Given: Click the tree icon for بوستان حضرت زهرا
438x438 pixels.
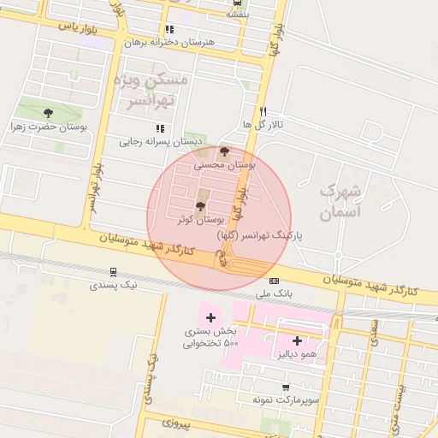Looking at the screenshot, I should tap(47, 112).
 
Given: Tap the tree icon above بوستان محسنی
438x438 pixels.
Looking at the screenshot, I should tap(225, 151).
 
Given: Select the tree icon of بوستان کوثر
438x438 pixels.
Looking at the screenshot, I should tap(200, 206).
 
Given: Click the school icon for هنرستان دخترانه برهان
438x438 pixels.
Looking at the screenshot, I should tap(169, 30).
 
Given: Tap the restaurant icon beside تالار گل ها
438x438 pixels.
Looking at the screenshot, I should tap(263, 110).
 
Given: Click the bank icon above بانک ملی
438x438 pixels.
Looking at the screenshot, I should tap(273, 281).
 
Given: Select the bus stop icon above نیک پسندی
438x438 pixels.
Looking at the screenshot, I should tap(113, 272).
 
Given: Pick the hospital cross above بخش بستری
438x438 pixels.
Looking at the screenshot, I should tap(210, 317).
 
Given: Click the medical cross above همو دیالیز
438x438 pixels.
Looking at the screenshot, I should tap(297, 340).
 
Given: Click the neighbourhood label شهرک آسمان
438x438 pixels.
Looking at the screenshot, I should tap(340, 201).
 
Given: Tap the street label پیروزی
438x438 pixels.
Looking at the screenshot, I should tap(179, 423).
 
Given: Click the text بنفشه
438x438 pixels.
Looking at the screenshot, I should tap(239, 15).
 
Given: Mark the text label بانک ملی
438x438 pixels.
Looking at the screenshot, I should tap(273, 293).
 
